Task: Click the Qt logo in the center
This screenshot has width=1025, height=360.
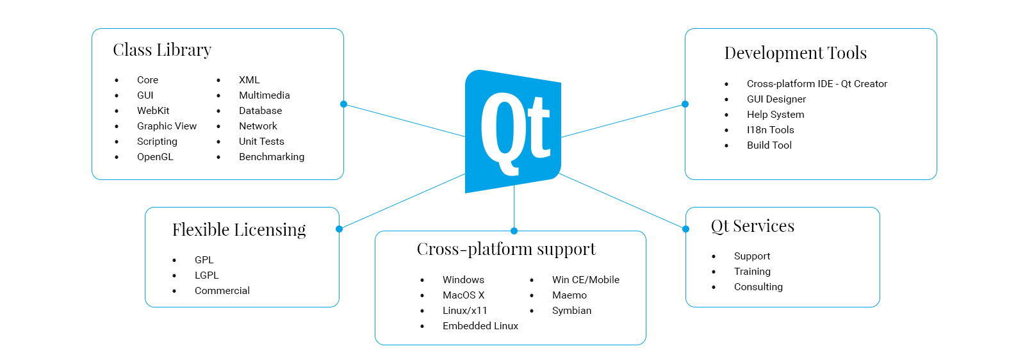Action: point(513,131)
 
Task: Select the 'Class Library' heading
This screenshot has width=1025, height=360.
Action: point(162,50)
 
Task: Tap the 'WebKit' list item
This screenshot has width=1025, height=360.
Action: point(153,111)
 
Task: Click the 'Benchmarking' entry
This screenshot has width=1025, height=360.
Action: point(272,157)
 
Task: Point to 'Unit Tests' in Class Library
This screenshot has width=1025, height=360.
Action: point(261,142)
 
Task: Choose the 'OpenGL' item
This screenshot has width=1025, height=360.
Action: point(155,157)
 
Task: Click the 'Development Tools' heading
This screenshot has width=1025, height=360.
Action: point(796,53)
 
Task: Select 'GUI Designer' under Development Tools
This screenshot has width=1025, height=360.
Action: point(776,99)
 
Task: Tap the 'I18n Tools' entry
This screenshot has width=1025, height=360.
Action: point(770,130)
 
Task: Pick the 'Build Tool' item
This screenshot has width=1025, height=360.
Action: point(769,145)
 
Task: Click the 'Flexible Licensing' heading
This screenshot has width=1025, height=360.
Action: point(239,230)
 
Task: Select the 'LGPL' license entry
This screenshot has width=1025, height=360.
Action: point(206,275)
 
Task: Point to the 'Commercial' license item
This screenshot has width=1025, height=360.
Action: point(222,291)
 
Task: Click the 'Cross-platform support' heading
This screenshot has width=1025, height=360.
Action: point(506,249)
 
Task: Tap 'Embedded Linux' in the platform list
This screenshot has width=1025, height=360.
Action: point(480,326)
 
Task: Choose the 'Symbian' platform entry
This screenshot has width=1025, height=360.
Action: point(571,311)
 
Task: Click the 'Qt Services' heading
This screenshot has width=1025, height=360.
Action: point(753,226)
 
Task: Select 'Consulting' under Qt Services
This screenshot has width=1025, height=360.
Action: point(758,287)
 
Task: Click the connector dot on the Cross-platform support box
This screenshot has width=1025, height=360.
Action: point(514,231)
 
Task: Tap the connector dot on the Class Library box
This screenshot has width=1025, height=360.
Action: point(344,104)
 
